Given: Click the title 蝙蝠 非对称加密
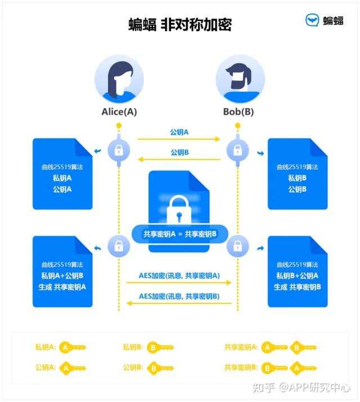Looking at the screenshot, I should pyautogui.click(x=180, y=24).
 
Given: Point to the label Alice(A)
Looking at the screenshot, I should pyautogui.click(x=119, y=111).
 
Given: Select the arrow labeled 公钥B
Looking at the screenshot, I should pyautogui.click(x=179, y=160).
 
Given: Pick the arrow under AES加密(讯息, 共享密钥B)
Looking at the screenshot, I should pyautogui.click(x=179, y=304).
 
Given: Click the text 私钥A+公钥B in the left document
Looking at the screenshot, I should pyautogui.click(x=62, y=275).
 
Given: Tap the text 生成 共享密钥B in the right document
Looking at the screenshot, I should pyautogui.click(x=297, y=287).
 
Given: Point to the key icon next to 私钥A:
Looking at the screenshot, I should pyautogui.click(x=73, y=347).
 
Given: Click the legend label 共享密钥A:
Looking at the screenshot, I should pyautogui.click(x=241, y=347).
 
